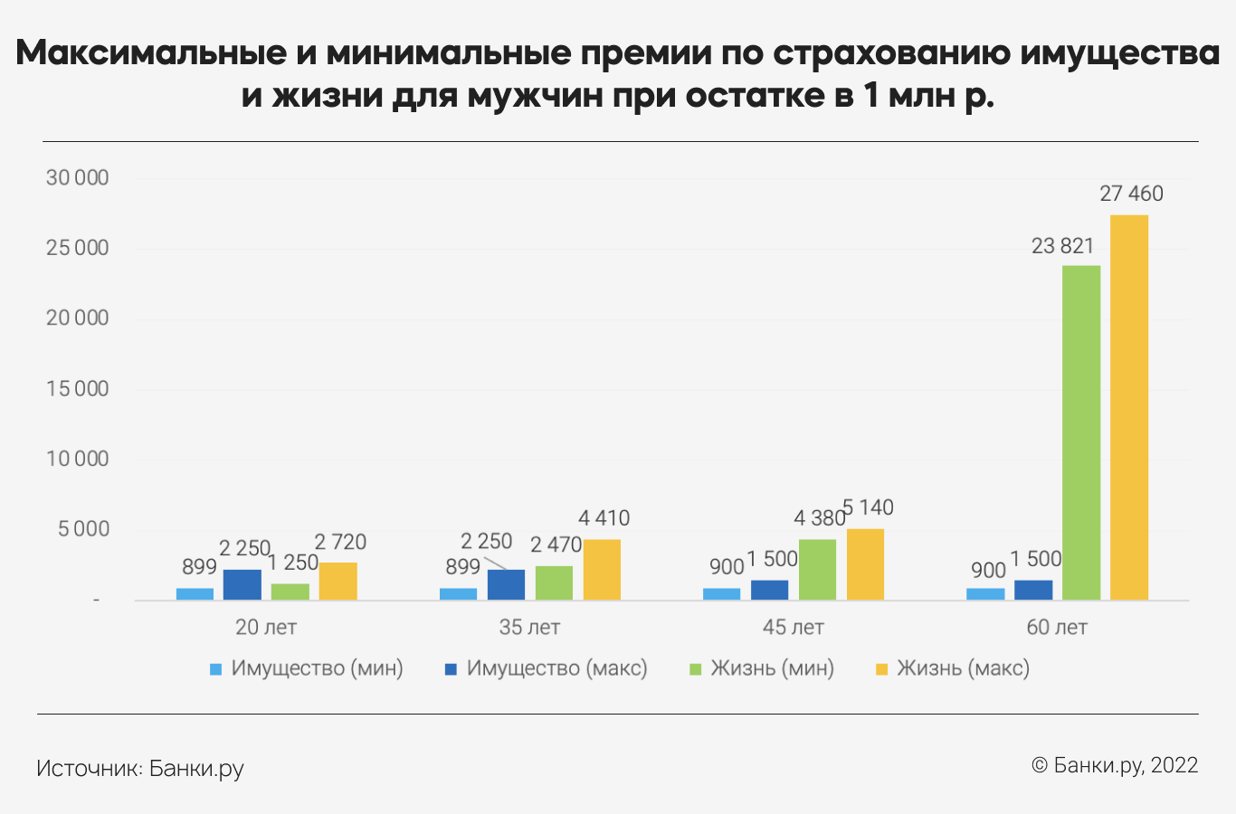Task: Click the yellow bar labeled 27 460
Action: coord(1129,407)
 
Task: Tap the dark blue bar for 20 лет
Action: coord(242,584)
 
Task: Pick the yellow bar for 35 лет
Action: coord(602,570)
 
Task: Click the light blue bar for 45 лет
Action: coord(721,594)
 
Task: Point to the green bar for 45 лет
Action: coord(817,570)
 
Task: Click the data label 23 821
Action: coord(1062,246)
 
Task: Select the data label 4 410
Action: coord(604,518)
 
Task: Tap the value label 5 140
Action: coord(869,507)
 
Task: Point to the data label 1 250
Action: coord(292,563)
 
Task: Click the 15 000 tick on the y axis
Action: coord(77,389)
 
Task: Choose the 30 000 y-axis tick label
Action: coord(77,178)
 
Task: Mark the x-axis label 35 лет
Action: coord(529,627)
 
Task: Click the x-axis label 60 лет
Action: coord(1057,627)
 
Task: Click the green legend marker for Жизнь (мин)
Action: coord(696,669)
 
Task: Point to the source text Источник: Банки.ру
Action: coord(140,769)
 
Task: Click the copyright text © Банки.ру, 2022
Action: coord(1115,765)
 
